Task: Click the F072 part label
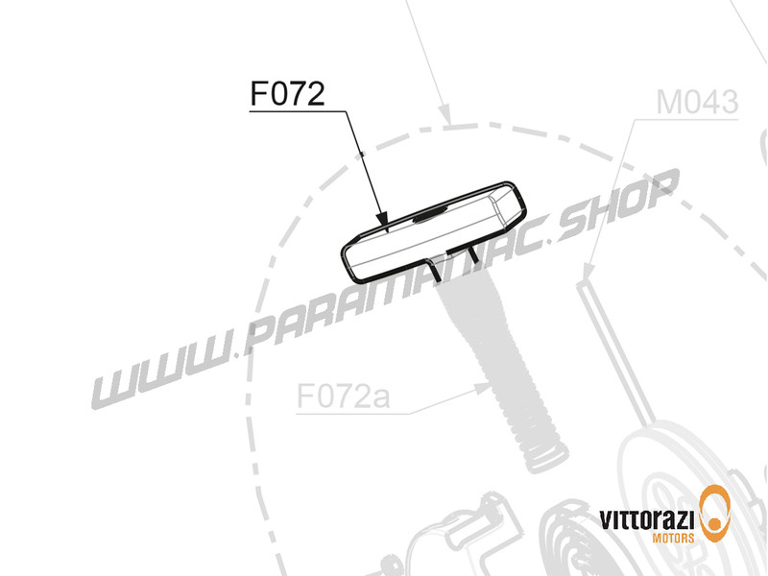pos(287,95)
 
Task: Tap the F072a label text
pos(341,396)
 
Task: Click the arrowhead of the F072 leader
pos(383,224)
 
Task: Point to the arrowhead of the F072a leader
pos(486,387)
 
